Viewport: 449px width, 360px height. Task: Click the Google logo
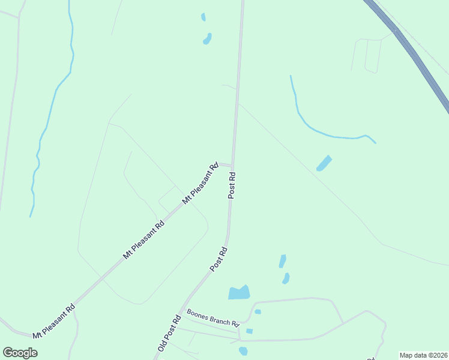point(20,353)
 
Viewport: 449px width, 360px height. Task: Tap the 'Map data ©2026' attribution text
point(424,355)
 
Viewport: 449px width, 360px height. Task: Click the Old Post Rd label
point(169,334)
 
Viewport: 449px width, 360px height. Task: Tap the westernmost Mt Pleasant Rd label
point(54,320)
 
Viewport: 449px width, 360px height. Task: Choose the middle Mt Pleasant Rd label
point(143,240)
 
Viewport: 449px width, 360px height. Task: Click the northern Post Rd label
point(232,185)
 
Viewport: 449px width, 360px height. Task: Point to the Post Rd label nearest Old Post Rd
point(218,259)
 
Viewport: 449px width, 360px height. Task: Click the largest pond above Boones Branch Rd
point(239,293)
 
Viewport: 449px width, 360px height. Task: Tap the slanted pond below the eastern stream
point(324,163)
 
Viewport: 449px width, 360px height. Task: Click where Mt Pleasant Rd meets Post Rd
point(232,165)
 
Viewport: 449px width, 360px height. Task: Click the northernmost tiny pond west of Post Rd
point(203,17)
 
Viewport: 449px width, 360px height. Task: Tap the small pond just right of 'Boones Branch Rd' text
point(258,311)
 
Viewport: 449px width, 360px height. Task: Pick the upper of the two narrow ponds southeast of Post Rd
point(282,261)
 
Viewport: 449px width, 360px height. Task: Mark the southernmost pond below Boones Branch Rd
point(243,351)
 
